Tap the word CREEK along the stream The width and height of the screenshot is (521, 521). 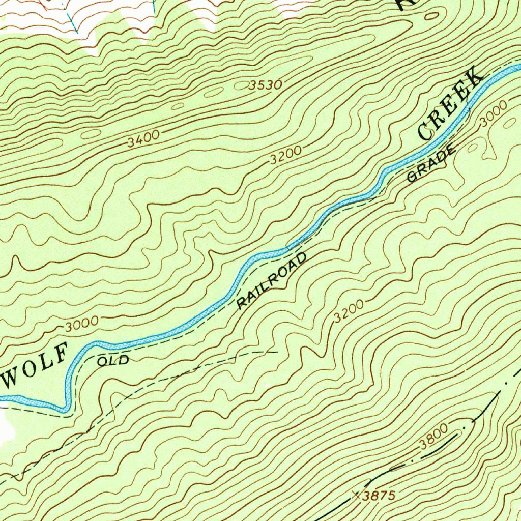tap(450, 104)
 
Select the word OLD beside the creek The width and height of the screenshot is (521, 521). tap(113, 361)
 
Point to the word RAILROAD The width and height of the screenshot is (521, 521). tap(272, 280)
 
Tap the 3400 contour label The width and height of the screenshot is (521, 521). tap(143, 139)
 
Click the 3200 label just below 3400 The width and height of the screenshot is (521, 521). tap(286, 155)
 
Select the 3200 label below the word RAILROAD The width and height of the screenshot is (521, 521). tap(349, 311)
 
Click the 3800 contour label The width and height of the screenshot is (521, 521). tap(433, 438)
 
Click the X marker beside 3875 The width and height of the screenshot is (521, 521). tap(356, 494)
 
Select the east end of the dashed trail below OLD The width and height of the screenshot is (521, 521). tap(277, 351)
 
